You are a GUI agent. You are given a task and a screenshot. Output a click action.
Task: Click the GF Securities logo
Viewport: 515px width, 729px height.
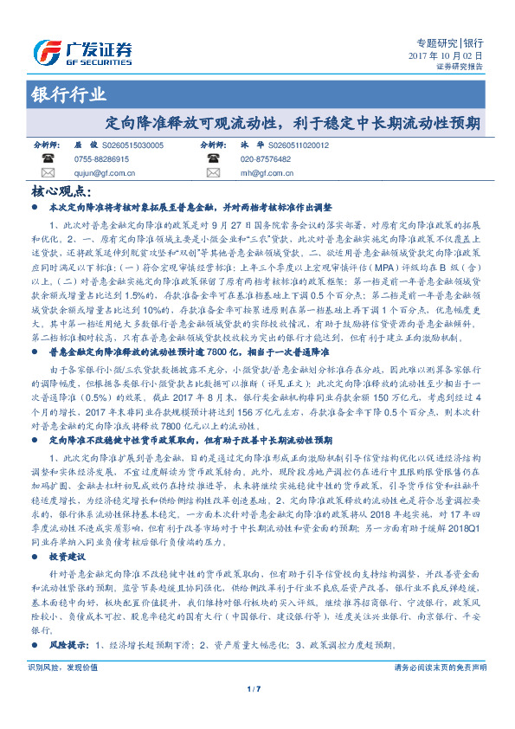(x=82, y=50)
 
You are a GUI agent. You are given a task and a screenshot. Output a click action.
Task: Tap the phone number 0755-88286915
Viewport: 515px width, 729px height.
(x=101, y=159)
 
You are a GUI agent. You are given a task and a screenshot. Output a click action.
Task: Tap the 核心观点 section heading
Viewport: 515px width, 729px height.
(x=60, y=192)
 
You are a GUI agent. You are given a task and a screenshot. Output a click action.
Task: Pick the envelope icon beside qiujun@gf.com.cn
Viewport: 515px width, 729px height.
(x=46, y=172)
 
